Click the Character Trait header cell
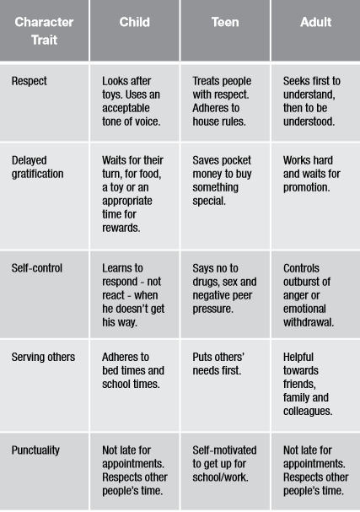click(44, 30)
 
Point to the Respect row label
click(30, 81)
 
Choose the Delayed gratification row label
click(38, 167)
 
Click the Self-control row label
click(37, 268)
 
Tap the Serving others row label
click(43, 357)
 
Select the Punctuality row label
click(35, 450)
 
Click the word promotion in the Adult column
click(307, 187)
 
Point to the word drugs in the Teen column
click(205, 282)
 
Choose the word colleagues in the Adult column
click(308, 411)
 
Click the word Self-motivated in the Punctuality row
click(224, 450)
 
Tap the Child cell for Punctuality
click(134, 471)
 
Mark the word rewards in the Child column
click(121, 228)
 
